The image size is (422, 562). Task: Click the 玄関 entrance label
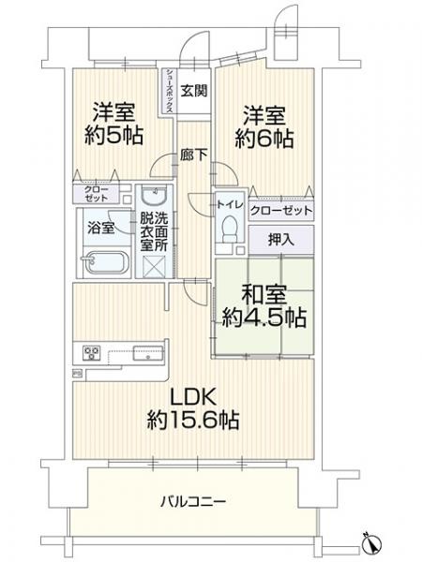click(194, 91)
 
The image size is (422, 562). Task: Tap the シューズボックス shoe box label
click(169, 92)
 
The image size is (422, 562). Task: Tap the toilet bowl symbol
click(229, 230)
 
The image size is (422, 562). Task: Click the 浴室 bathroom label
click(100, 228)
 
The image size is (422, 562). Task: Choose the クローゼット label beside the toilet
click(280, 210)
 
